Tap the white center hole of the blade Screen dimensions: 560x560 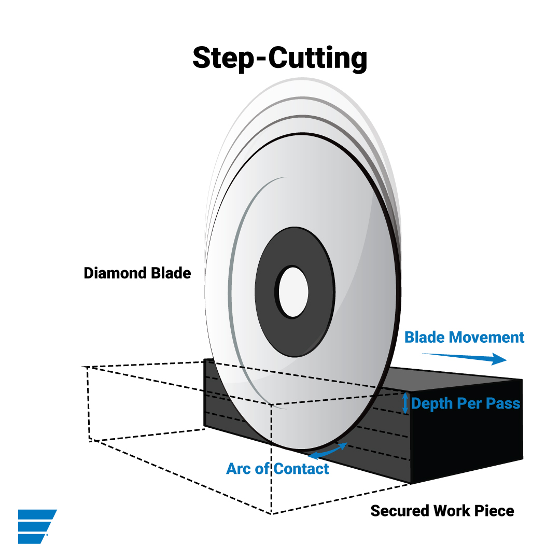tap(293, 291)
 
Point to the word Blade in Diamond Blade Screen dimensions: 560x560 tap(171, 273)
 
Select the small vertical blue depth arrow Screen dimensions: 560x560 tap(405, 403)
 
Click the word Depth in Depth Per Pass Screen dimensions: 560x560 tap(432, 403)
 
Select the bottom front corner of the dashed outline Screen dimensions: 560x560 tap(272, 513)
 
